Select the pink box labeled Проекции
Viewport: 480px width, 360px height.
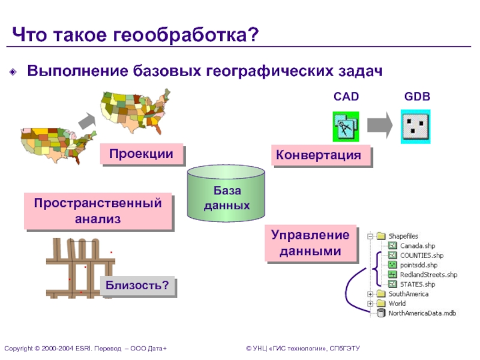click(x=141, y=154)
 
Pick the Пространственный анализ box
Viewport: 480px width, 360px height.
click(x=98, y=211)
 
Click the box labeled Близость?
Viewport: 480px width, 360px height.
click(x=137, y=284)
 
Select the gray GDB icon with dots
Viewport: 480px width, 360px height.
click(x=416, y=126)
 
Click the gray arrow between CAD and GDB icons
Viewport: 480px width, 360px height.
click(x=380, y=126)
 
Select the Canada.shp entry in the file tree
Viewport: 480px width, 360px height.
click(x=418, y=246)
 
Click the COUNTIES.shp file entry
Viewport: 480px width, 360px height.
click(x=421, y=256)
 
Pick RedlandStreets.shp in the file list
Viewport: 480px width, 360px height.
click(x=428, y=275)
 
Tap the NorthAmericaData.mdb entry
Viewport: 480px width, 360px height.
click(x=422, y=313)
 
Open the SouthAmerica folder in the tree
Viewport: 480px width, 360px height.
click(x=408, y=294)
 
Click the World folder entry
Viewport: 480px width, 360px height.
click(x=397, y=304)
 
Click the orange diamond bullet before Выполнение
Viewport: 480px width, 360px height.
click(x=14, y=72)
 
